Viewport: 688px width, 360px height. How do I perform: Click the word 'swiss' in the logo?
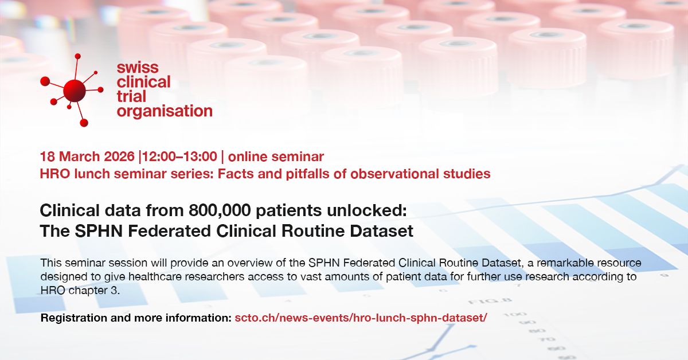click(138, 68)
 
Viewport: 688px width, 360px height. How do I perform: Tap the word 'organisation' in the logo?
click(165, 111)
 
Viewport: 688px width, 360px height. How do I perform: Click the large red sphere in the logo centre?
click(75, 91)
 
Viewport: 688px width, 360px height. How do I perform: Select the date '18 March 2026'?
click(87, 156)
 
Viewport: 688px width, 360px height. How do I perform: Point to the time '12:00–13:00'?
click(179, 156)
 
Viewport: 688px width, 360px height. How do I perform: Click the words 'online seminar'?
click(276, 156)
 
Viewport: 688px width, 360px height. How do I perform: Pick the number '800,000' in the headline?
click(220, 211)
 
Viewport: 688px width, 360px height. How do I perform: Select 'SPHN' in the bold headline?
click(99, 231)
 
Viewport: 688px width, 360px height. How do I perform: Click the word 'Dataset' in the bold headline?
click(381, 231)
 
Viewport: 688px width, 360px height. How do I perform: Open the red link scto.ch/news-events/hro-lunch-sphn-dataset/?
click(361, 318)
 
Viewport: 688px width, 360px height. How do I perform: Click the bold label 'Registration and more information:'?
click(136, 318)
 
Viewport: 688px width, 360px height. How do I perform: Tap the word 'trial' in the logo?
click(131, 97)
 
